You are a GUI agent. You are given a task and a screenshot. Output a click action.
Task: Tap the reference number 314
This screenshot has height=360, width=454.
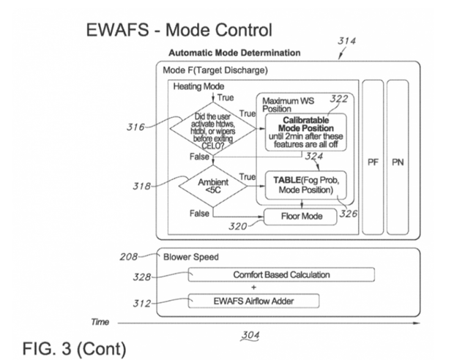point(346,42)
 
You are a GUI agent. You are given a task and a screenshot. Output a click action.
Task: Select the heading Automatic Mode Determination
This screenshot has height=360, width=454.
point(234,53)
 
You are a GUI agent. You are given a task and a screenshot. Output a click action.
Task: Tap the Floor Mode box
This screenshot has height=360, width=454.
point(302,217)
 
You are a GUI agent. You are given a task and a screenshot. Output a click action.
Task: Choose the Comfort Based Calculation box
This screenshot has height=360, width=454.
point(281,274)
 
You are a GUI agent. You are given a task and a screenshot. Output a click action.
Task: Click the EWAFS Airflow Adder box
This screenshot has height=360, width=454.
point(281,300)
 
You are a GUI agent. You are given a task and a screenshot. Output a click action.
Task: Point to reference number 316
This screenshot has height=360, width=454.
point(135,127)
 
